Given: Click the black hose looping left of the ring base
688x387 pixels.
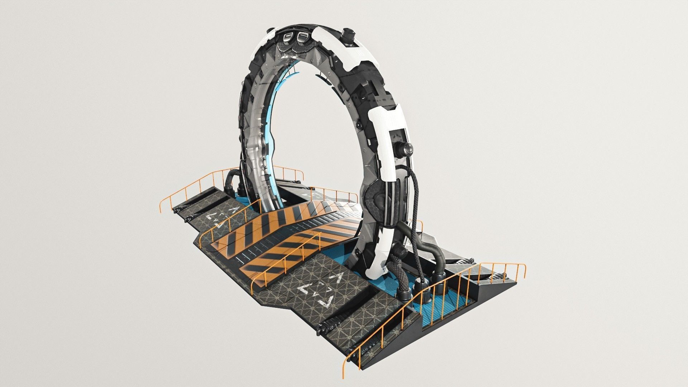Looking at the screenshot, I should pyautogui.click(x=231, y=179).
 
